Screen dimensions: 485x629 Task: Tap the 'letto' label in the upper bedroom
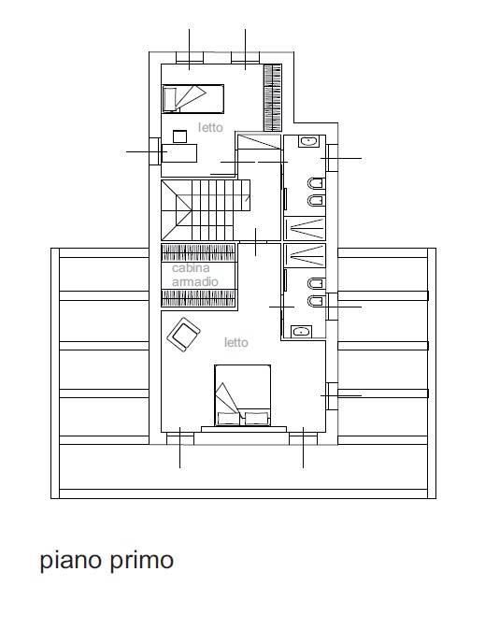tap(210, 127)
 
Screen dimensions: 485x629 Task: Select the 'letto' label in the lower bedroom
tap(235, 343)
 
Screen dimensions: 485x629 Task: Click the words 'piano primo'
tap(107, 560)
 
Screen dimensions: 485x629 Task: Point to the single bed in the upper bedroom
tap(193, 99)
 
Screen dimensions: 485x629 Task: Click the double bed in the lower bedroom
tap(242, 395)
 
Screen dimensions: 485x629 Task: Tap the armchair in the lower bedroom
tap(184, 335)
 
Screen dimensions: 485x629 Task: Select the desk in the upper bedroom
tap(178, 153)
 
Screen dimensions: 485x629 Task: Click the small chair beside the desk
tap(179, 136)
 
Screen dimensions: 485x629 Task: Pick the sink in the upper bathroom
tap(309, 141)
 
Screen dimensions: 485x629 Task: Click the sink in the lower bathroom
tap(301, 332)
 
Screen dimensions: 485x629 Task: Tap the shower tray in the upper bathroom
tap(305, 229)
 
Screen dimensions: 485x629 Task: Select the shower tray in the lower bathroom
tap(305, 255)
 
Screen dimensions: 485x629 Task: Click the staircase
tap(206, 210)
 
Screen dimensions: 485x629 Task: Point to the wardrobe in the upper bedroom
tap(272, 98)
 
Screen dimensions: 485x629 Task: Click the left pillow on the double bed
tap(229, 419)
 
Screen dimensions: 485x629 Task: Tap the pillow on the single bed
tap(169, 99)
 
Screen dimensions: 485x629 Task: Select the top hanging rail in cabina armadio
tap(198, 252)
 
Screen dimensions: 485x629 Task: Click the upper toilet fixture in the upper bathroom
tap(316, 184)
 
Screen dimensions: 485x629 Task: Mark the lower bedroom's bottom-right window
tap(304, 438)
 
